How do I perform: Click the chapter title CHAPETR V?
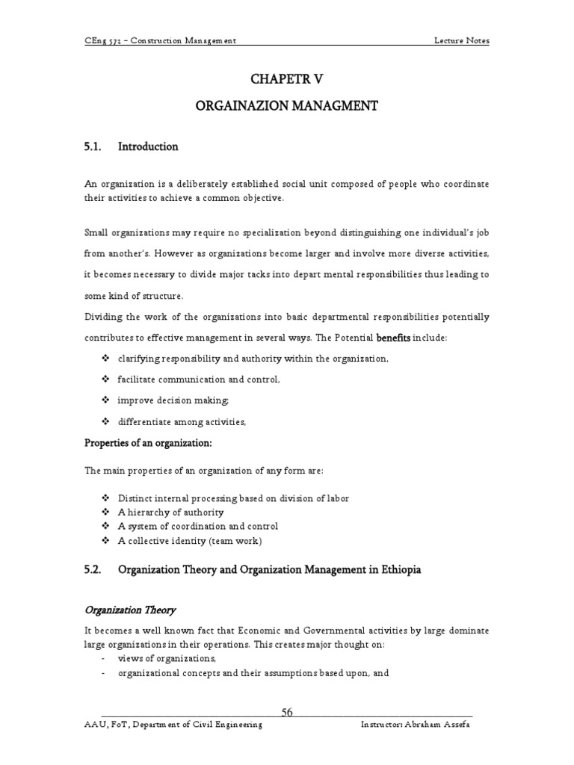point(286,80)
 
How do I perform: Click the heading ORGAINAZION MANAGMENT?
point(286,107)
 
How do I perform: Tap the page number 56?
point(286,712)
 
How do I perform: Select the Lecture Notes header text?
point(462,40)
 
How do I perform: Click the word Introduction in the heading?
point(148,147)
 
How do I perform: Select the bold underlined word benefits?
point(394,338)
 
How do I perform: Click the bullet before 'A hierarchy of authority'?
point(105,512)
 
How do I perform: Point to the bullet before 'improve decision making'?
point(105,401)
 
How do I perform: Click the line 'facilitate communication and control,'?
point(199,380)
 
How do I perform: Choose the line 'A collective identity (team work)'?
point(191,541)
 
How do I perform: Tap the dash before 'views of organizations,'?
point(102,659)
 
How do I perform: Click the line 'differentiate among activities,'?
point(182,422)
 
